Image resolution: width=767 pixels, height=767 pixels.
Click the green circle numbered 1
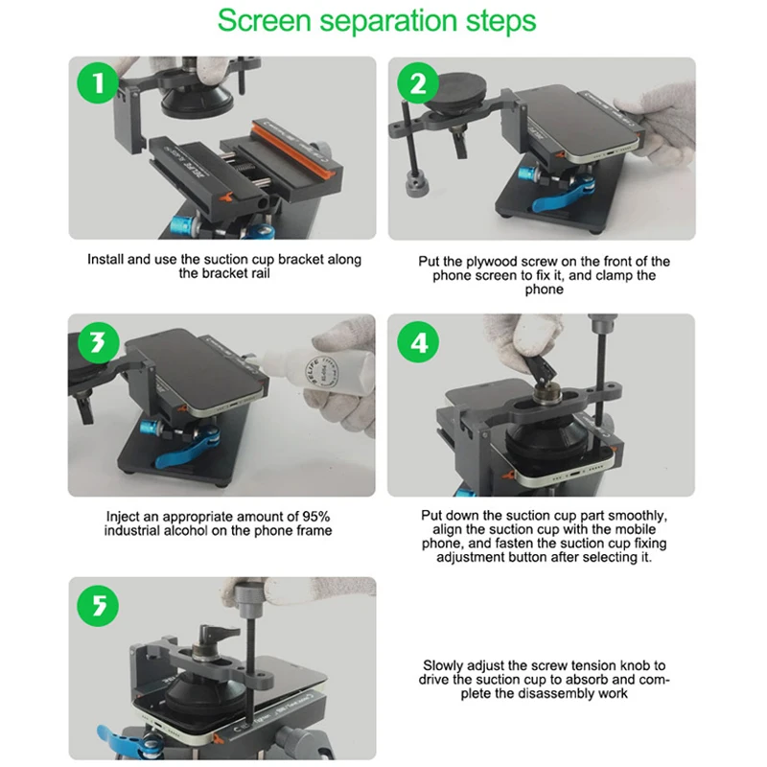pyautogui.click(x=99, y=82)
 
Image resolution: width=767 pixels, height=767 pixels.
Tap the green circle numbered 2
pyautogui.click(x=418, y=83)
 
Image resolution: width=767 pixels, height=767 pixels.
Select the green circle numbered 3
pyautogui.click(x=99, y=342)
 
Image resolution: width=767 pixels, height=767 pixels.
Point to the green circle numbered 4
pyautogui.click(x=418, y=342)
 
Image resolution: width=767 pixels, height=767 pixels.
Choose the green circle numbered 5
pyautogui.click(x=99, y=606)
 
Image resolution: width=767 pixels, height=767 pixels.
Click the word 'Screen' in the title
pyautogui.click(x=265, y=20)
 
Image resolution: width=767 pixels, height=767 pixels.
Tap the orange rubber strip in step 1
pyautogui.click(x=293, y=149)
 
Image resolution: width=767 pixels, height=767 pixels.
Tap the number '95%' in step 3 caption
pyautogui.click(x=315, y=517)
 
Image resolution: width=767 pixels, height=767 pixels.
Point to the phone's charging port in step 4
pyautogui.click(x=572, y=474)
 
